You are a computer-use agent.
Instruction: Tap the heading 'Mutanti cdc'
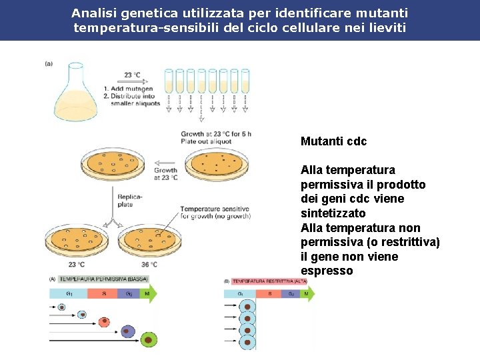tap(333, 141)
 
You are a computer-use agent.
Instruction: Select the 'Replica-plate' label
tap(131, 201)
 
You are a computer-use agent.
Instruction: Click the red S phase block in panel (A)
tap(103, 293)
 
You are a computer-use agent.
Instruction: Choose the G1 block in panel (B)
tap(241, 293)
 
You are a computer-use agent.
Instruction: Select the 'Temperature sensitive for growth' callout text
tap(215, 213)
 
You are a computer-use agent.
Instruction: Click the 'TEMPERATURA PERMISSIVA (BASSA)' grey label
tap(103, 279)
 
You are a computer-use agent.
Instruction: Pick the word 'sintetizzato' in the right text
tap(333, 213)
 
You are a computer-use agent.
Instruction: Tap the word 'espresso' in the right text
tap(327, 271)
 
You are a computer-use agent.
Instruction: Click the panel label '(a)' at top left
tap(49, 63)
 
